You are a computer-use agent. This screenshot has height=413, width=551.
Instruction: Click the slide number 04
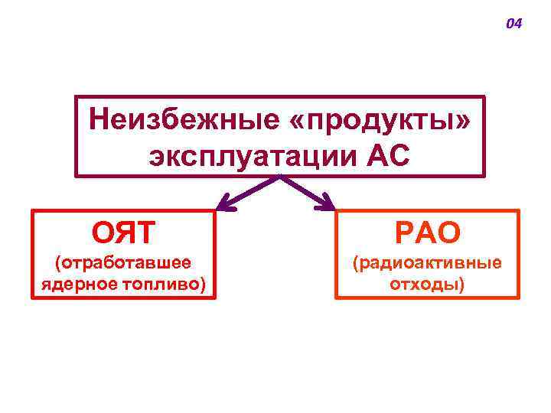514,24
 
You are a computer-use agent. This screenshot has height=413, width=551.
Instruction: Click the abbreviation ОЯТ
122,229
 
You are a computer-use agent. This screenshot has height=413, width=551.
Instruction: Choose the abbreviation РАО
426,231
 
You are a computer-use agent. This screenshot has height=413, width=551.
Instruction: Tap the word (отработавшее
122,264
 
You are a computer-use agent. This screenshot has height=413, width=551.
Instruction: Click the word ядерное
76,285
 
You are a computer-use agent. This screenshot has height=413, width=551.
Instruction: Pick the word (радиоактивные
426,264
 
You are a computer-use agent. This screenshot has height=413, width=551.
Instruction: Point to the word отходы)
426,285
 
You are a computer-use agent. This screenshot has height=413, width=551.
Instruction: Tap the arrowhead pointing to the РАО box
327,203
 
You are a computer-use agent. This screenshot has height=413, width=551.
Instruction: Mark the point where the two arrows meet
280,177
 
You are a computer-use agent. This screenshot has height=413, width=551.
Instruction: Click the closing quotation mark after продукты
461,122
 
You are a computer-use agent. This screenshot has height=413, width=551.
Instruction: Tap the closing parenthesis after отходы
461,285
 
